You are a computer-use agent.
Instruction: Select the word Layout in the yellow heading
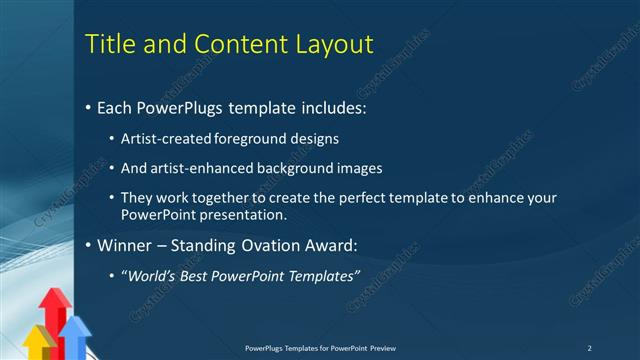pos(325,45)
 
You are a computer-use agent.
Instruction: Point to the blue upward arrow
pos(75,335)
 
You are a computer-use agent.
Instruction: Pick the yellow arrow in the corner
pos(38,342)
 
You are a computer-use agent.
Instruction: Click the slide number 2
pos(589,347)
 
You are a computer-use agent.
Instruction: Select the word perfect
pos(351,198)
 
